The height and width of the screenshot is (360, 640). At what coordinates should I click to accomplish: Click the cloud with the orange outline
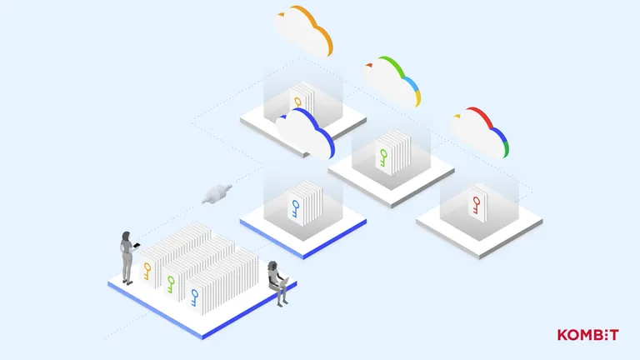(303, 31)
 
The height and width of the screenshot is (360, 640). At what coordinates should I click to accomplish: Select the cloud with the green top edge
(392, 82)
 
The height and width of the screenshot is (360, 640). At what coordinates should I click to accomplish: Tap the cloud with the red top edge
(480, 132)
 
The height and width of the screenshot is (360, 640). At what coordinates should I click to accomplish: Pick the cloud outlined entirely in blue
(305, 133)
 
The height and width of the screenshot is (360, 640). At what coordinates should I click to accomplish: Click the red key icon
(477, 205)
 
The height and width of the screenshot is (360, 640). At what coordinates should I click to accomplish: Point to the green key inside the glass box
(383, 158)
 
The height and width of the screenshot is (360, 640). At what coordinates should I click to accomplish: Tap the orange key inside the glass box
(298, 102)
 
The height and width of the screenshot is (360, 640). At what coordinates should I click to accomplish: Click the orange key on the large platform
(147, 272)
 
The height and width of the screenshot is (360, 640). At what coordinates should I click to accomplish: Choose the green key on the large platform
(171, 284)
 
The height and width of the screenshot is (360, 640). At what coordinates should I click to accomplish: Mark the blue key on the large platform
(195, 298)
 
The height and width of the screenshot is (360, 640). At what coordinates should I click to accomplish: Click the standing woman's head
(126, 237)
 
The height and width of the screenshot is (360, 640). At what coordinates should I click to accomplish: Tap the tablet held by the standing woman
(137, 245)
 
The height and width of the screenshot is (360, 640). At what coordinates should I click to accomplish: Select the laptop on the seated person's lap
(284, 282)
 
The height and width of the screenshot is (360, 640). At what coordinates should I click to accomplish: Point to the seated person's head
(272, 266)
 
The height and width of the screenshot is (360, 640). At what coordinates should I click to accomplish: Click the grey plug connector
(217, 193)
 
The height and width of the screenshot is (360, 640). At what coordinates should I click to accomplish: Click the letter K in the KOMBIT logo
(562, 335)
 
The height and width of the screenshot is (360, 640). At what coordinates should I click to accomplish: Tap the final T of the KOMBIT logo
(613, 335)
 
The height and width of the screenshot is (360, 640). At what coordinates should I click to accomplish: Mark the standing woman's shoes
(127, 282)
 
